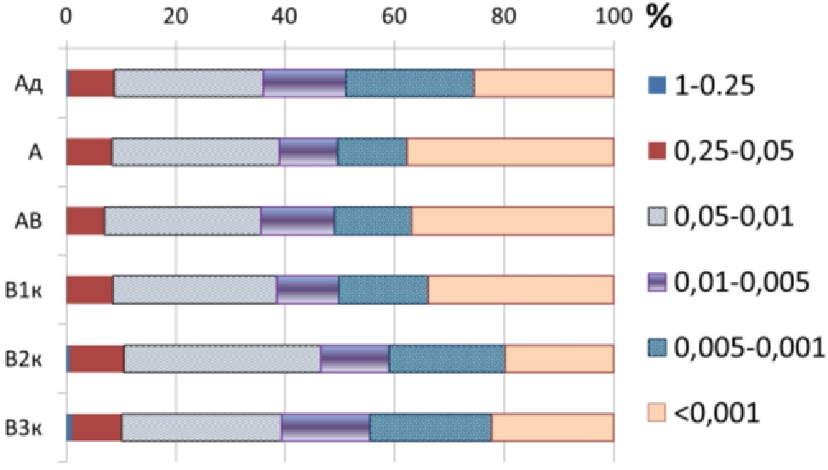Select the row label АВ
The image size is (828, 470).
(30, 220)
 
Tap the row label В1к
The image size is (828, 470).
(30, 289)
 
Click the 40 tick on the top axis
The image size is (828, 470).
(284, 15)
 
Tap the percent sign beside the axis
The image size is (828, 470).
(657, 17)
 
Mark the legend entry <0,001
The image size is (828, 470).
(716, 413)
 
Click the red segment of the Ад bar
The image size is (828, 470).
(91, 83)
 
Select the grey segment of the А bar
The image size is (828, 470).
(195, 152)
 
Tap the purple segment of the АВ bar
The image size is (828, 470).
(297, 220)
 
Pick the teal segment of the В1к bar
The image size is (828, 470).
(383, 289)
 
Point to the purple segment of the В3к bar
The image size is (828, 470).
(325, 427)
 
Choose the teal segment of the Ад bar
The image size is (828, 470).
(409, 83)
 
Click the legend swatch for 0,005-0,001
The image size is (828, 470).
(654, 348)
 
